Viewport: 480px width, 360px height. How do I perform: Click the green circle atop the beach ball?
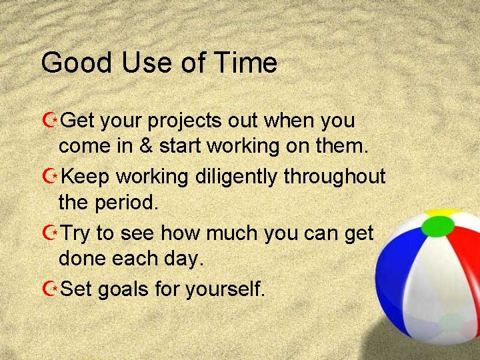(437, 227)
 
